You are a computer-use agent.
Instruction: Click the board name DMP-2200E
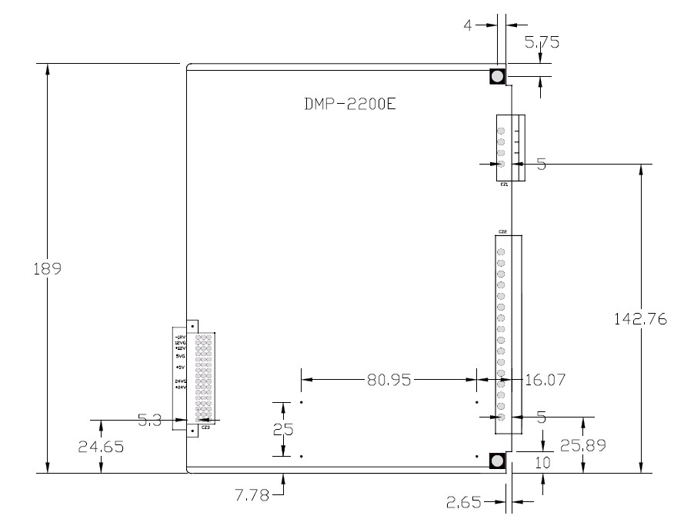coord(349,104)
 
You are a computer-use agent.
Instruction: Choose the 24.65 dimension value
coord(101,445)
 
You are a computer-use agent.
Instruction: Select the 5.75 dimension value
coord(542,42)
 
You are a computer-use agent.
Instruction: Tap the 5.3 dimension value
coord(149,420)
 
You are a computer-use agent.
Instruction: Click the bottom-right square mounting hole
coord(497,461)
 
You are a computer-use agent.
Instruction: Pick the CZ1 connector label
coord(504,185)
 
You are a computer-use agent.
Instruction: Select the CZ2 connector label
coord(502,231)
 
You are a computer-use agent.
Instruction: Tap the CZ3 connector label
coord(205,427)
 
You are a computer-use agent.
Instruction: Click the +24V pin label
coord(181,388)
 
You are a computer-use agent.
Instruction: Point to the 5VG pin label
coord(180,357)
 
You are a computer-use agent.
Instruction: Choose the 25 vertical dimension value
coord(283,429)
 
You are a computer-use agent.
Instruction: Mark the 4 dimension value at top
coord(469,25)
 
